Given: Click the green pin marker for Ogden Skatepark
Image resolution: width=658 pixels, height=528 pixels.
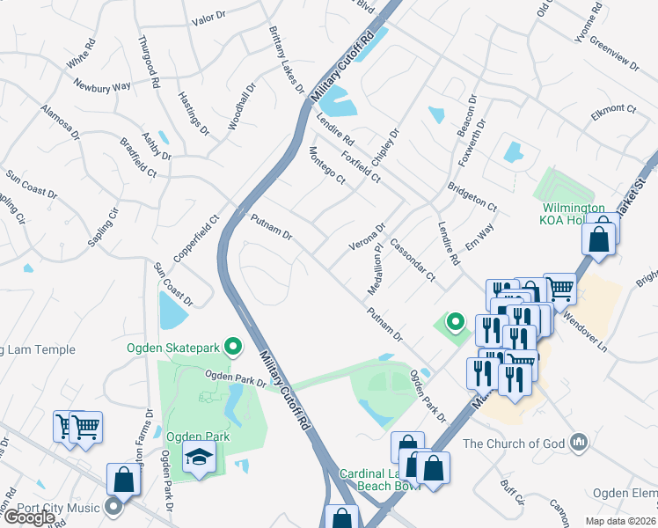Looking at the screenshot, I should pyautogui.click(x=233, y=347).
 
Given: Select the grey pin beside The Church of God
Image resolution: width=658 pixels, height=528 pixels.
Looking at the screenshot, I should pyautogui.click(x=578, y=441).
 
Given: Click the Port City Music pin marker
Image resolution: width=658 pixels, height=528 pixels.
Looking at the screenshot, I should pyautogui.click(x=113, y=506).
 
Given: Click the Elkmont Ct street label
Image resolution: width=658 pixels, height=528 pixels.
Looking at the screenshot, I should pyautogui.click(x=614, y=109).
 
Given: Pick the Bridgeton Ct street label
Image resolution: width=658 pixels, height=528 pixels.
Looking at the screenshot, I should pyautogui.click(x=472, y=197).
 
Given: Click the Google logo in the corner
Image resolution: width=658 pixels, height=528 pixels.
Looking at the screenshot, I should pyautogui.click(x=29, y=517).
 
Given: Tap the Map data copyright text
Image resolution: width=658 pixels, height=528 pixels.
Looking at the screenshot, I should pyautogui.click(x=619, y=521).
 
